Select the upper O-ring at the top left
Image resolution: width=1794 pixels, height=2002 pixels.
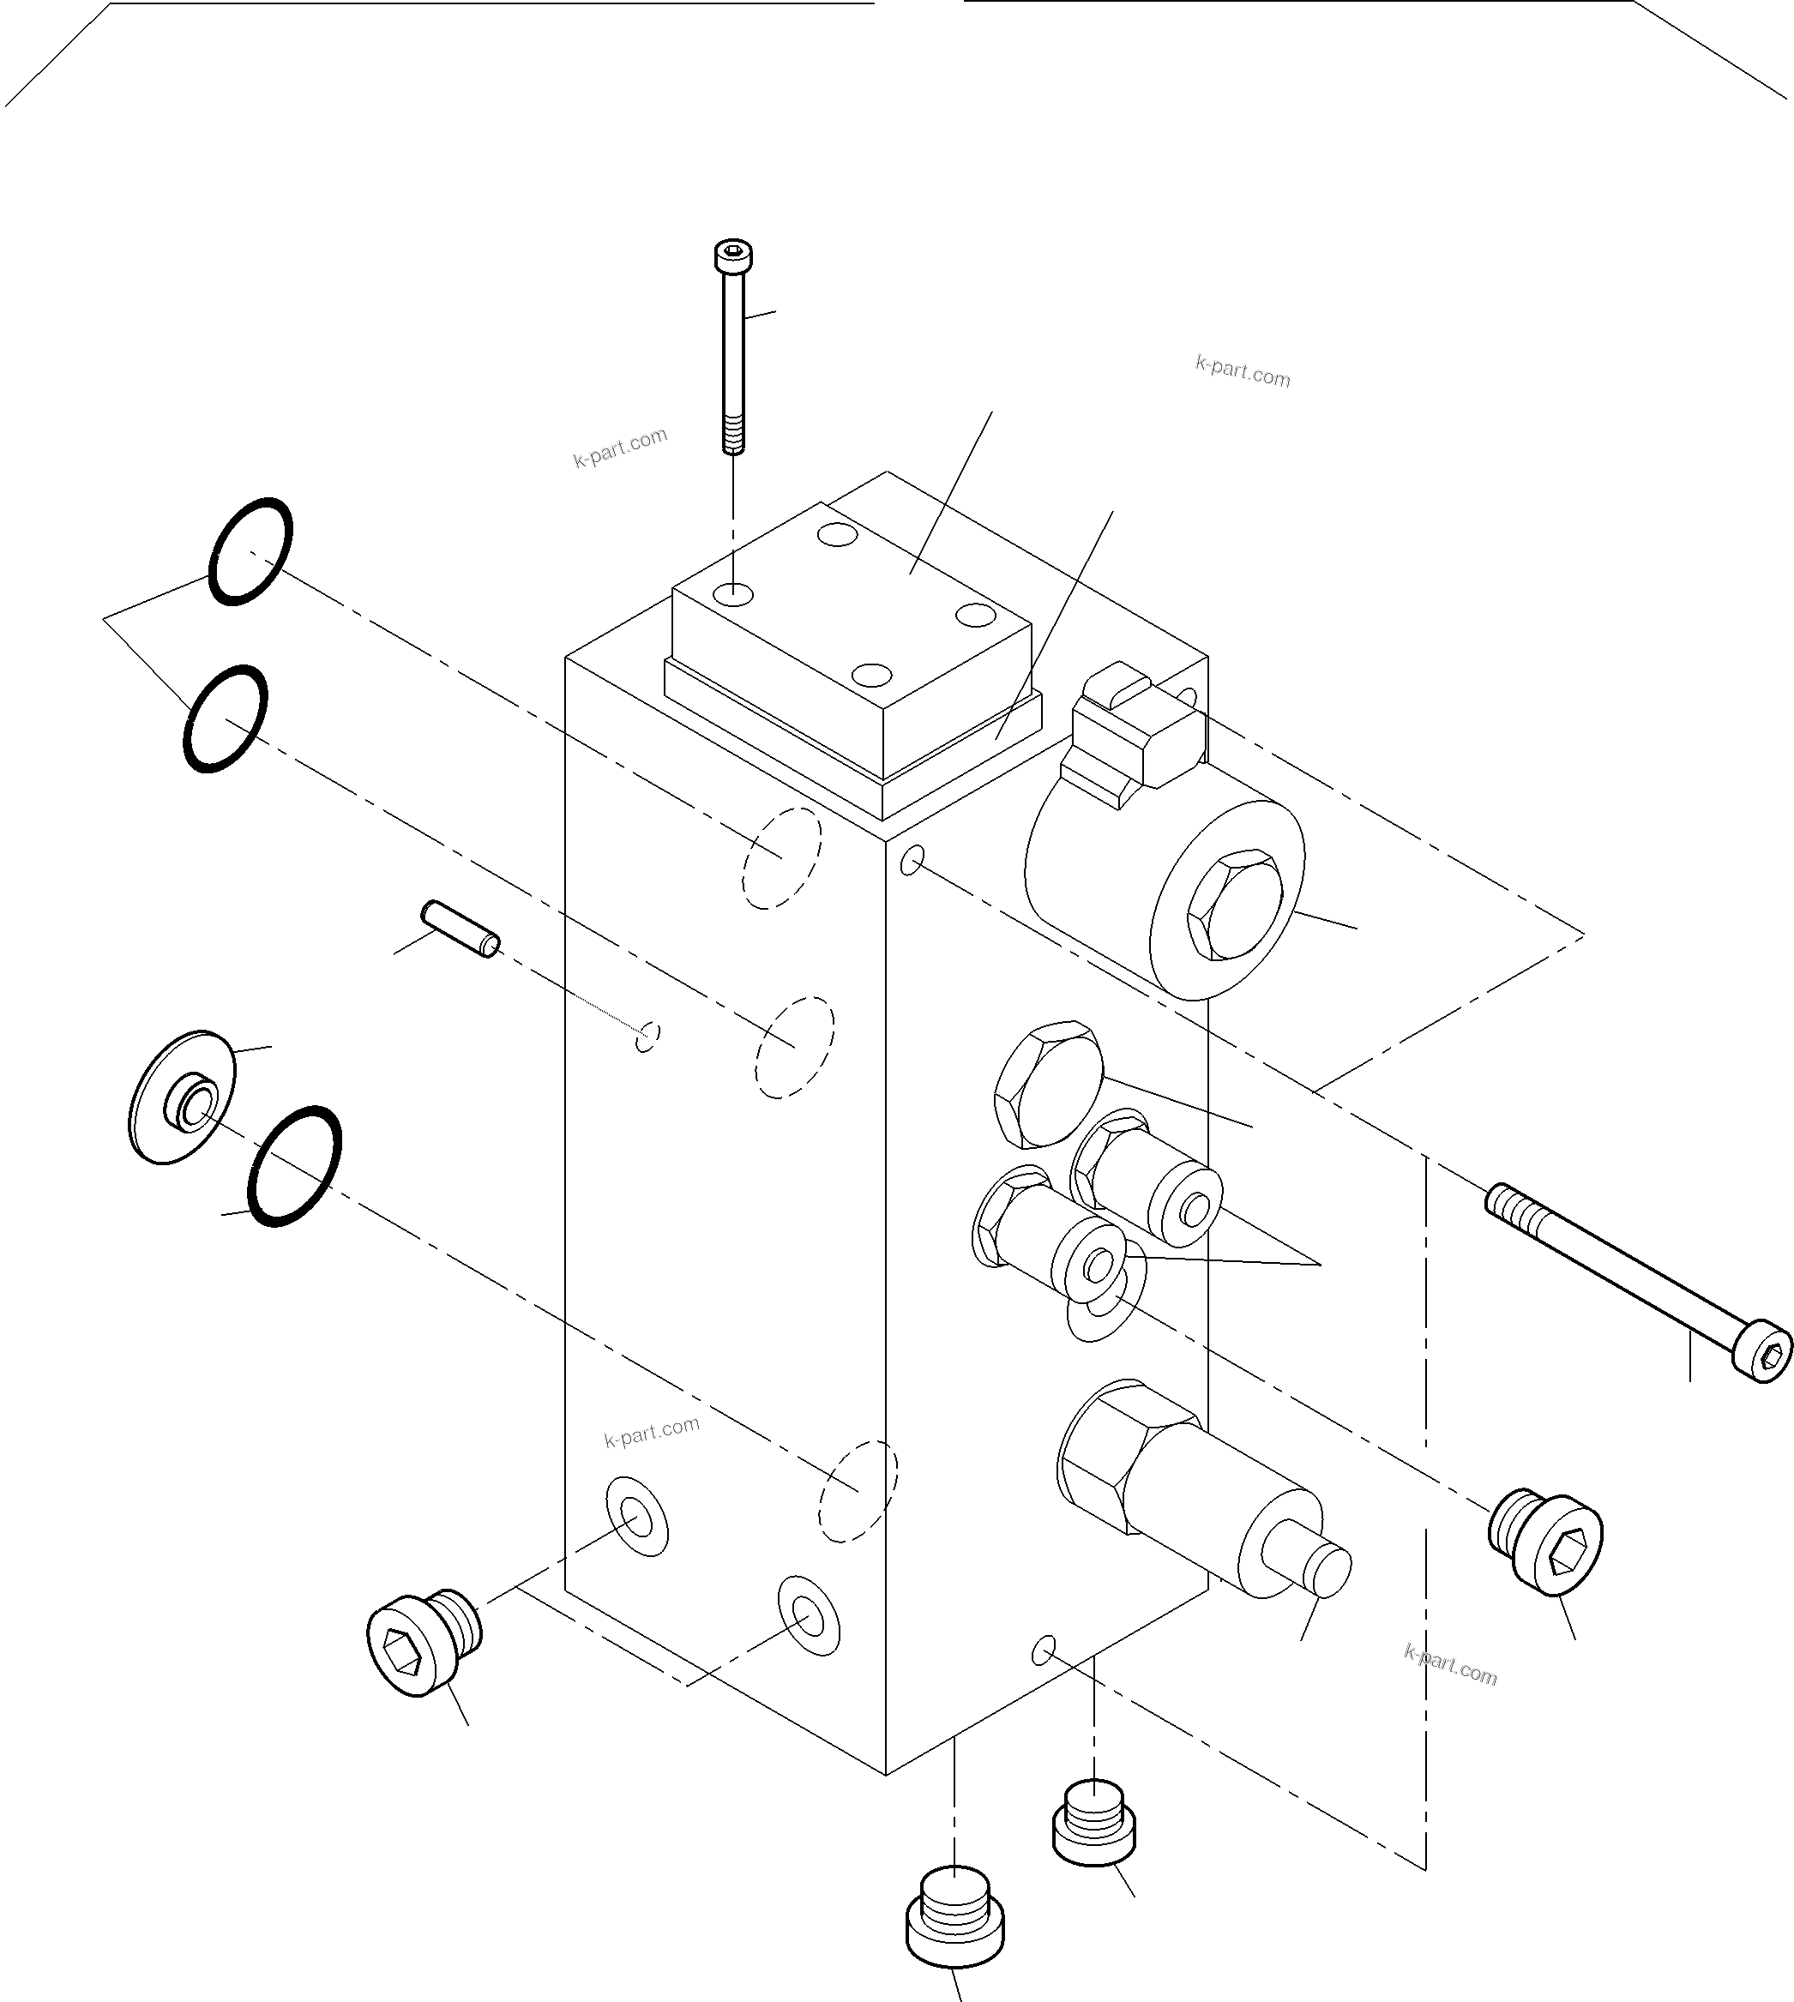[x=250, y=551]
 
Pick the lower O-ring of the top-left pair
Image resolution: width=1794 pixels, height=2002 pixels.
[x=225, y=718]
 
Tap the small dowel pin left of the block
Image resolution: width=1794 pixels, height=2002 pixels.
[x=461, y=929]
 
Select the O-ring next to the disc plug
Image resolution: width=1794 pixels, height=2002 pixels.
[x=295, y=1166]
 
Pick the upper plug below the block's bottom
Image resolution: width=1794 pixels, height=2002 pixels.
[x=1094, y=1823]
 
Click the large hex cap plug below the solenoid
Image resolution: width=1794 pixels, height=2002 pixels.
[x=1047, y=1085]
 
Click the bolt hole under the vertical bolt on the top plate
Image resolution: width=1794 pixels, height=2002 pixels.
[x=734, y=594]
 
